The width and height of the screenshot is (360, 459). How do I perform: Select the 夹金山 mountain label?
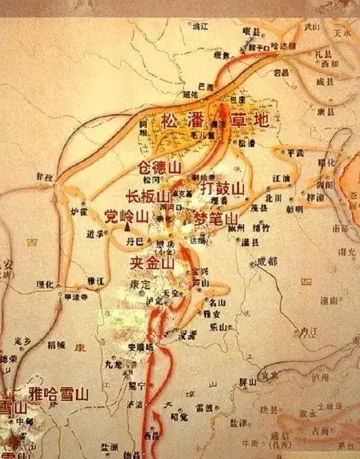152,264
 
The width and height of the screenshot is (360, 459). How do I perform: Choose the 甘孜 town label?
45,177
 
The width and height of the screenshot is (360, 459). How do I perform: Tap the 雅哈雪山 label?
59,394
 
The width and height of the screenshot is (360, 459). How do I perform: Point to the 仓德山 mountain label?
160,168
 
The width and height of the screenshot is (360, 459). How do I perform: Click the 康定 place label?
140,285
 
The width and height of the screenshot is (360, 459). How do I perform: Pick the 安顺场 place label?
140,348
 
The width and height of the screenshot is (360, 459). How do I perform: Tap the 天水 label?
342,33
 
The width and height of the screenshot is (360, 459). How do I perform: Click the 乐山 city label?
218,327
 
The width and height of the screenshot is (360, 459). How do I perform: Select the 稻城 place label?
56,345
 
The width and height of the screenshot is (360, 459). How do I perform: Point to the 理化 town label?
45,285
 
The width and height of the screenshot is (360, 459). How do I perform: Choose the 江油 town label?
281,179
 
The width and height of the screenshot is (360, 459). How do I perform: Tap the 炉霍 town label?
79,211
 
